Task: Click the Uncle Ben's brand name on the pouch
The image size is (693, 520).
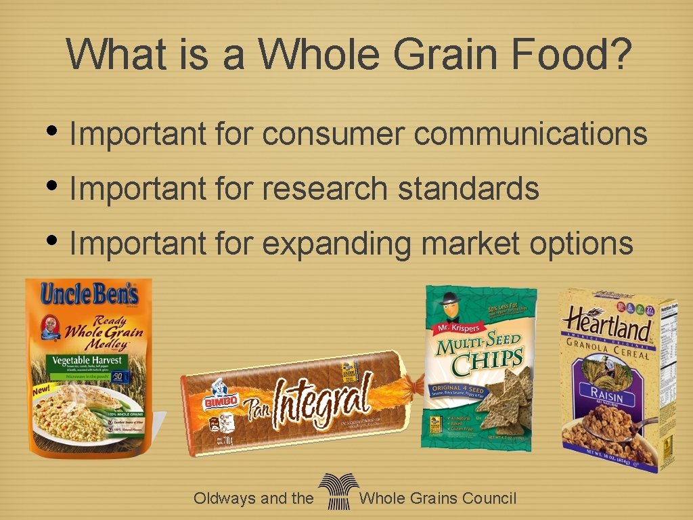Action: (x=89, y=295)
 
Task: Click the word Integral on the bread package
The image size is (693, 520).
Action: (x=323, y=399)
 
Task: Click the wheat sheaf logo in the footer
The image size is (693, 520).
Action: (x=337, y=492)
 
